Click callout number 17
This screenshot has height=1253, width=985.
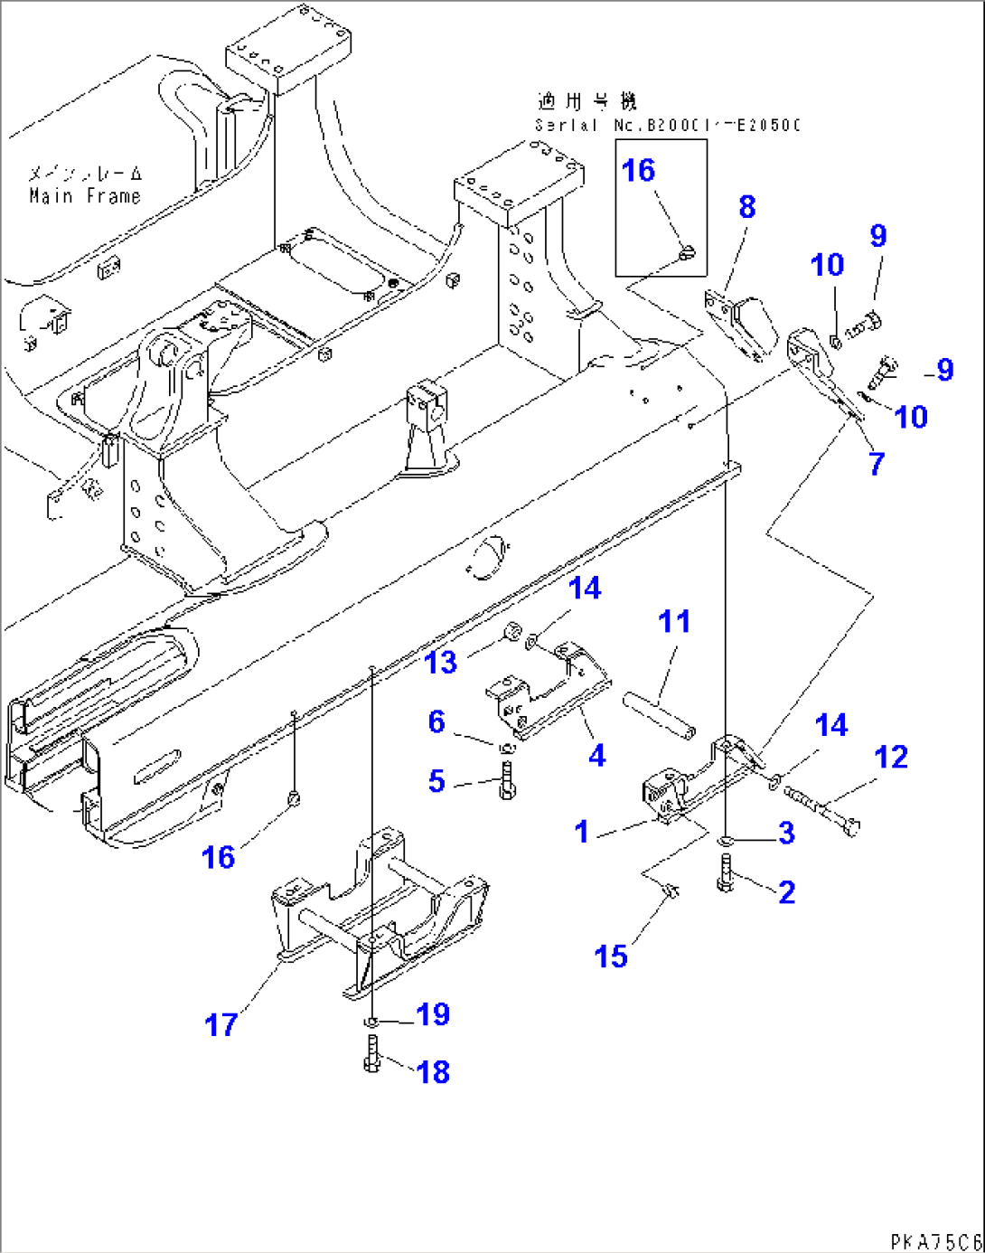click(220, 1025)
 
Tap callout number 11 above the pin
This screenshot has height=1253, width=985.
click(674, 622)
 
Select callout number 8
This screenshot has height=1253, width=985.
click(746, 207)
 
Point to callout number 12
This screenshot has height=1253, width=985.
click(891, 758)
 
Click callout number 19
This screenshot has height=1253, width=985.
click(433, 1014)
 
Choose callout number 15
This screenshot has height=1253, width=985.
click(611, 956)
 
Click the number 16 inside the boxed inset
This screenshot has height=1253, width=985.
click(638, 171)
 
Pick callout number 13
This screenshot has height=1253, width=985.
click(441, 663)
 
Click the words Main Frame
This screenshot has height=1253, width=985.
click(85, 196)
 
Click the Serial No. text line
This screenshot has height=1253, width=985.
click(667, 126)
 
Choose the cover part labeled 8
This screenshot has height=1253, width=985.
click(743, 324)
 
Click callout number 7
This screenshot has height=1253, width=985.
click(877, 464)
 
